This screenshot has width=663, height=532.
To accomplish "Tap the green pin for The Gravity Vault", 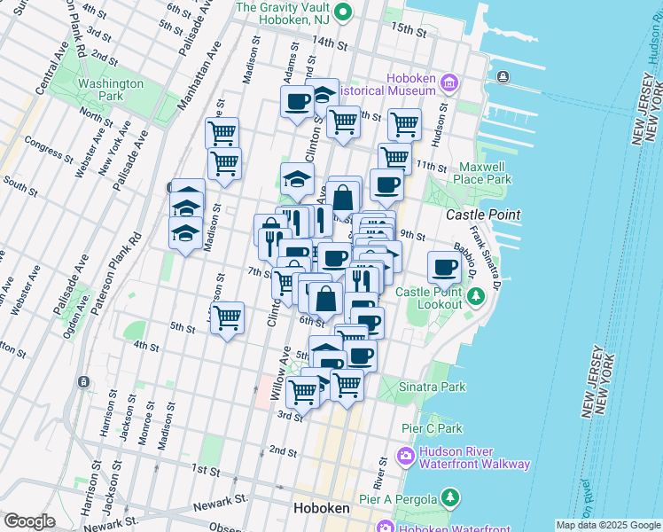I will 346,12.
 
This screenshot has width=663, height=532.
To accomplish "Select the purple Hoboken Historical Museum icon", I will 449,83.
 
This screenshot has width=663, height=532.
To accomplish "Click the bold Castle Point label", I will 482,215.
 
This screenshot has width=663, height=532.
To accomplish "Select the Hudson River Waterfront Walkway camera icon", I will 407,457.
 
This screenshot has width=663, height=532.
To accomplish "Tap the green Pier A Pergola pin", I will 451,499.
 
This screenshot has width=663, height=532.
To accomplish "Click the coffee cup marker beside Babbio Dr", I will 445,266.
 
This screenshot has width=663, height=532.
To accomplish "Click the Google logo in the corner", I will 29,521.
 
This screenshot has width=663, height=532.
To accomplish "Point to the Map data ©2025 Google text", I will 607,525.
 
